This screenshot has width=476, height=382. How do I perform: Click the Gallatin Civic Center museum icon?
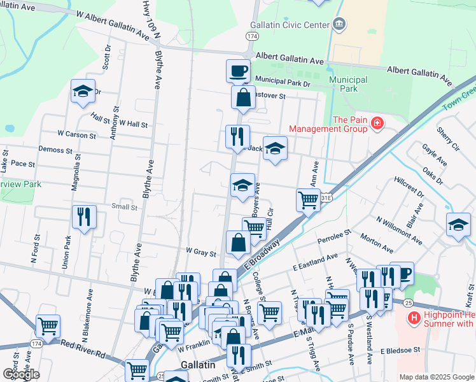340,25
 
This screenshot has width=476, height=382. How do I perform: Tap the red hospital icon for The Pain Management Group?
377,122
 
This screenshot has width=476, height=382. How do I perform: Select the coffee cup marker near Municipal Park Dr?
238,70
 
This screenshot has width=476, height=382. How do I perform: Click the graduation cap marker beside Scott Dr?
83,91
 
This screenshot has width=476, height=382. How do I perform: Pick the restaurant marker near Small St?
84,216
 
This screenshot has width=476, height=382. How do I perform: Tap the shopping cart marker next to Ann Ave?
309,200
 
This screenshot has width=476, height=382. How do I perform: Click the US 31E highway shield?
325,198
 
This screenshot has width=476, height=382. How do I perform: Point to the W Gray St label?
200,253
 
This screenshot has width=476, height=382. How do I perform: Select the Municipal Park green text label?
348,84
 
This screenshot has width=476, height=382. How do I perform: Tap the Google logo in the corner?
21,374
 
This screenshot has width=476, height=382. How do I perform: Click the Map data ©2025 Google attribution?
437,377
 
